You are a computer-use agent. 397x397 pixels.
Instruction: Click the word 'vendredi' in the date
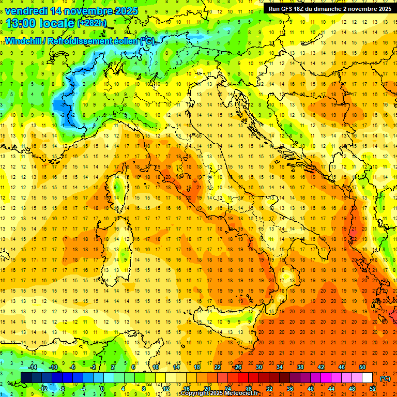click(25, 10)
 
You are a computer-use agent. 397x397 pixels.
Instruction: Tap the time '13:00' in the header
click(20, 23)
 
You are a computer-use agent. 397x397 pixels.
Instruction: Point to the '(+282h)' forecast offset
click(92, 23)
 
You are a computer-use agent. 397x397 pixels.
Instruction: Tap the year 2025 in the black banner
click(382, 8)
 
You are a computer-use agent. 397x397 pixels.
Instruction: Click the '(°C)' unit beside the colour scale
click(385, 378)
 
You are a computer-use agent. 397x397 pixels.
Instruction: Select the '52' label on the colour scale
click(372, 389)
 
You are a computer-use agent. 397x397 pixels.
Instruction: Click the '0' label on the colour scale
click(102, 389)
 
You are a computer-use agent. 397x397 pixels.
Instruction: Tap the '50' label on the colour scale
click(362, 367)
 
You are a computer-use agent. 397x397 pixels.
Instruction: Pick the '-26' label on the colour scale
click(237, 367)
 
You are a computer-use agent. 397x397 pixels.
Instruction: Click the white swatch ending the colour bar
click(368, 378)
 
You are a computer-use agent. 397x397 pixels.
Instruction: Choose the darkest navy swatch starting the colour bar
click(26, 378)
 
